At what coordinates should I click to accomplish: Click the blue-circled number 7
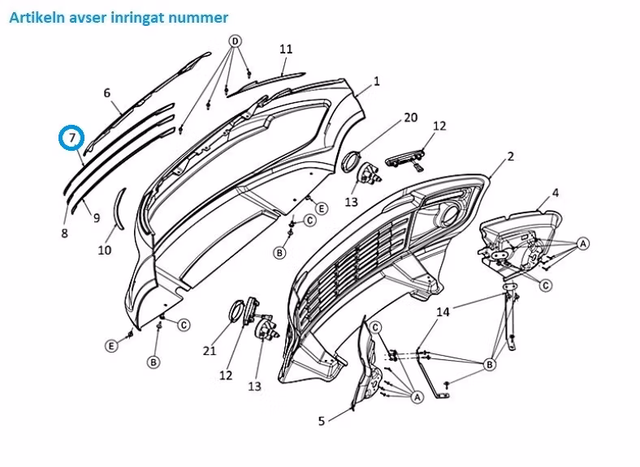pyautogui.click(x=71, y=138)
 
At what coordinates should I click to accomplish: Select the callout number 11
pyautogui.click(x=286, y=49)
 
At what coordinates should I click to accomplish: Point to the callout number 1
pyautogui.click(x=376, y=81)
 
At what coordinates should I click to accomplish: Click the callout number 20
pyautogui.click(x=411, y=118)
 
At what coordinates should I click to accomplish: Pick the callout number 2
pyautogui.click(x=511, y=156)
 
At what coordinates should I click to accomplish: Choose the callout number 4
pyautogui.click(x=555, y=193)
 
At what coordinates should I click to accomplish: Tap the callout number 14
pyautogui.click(x=443, y=312)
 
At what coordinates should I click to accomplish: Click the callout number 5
pyautogui.click(x=322, y=421)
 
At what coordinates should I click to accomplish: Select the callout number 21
pyautogui.click(x=210, y=350)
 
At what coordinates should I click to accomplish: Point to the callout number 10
pyautogui.click(x=105, y=250)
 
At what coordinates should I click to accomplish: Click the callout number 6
pyautogui.click(x=107, y=93)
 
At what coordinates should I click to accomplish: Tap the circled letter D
pyautogui.click(x=235, y=41)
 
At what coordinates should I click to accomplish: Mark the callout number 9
pyautogui.click(x=97, y=218)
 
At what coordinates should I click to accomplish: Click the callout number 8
pyautogui.click(x=64, y=233)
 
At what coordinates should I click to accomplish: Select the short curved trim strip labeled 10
pyautogui.click(x=119, y=208)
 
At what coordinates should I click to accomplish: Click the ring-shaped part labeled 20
pyautogui.click(x=350, y=161)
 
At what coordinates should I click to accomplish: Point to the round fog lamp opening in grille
pyautogui.click(x=451, y=214)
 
